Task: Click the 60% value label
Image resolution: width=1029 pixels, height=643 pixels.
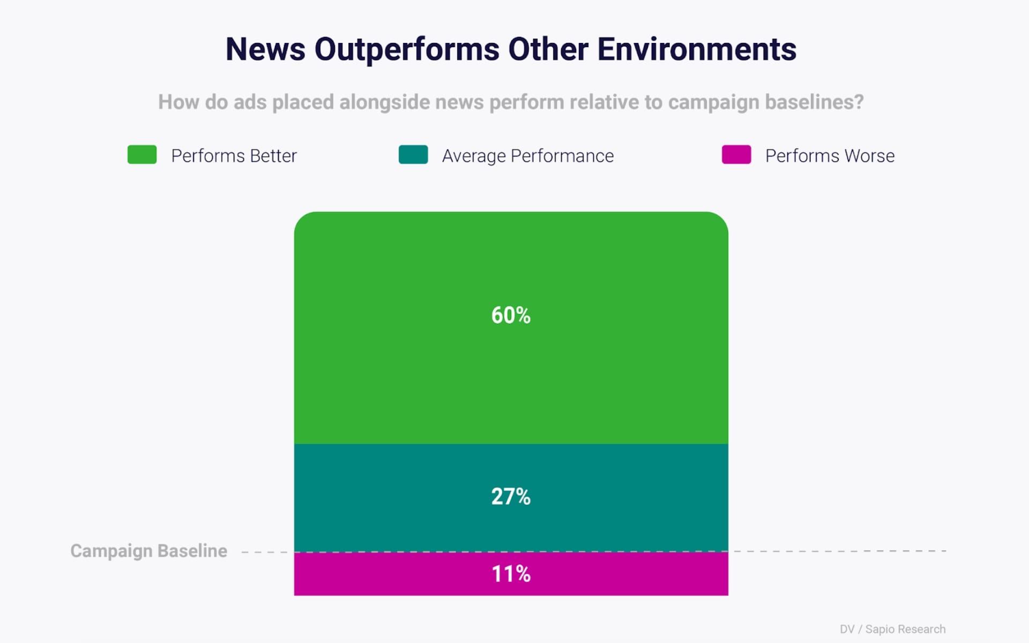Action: coord(511,315)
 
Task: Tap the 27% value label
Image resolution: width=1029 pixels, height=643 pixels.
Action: coord(511,497)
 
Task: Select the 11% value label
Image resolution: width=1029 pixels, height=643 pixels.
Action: coord(511,574)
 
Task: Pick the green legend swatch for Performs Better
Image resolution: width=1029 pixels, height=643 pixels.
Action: coord(142,155)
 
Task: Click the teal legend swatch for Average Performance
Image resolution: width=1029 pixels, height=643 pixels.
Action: coord(413,155)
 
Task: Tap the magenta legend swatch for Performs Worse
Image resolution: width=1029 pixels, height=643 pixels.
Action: coord(736,155)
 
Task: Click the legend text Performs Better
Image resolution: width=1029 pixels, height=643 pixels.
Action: coord(234,156)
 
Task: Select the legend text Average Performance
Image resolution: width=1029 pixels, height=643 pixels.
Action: coord(528,156)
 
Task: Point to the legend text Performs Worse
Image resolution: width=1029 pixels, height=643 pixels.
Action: coord(830,156)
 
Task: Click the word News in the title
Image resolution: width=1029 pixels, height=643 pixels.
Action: coord(265,49)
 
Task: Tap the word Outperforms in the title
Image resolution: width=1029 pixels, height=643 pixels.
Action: coord(407,49)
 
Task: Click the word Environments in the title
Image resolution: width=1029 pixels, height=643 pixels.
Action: coord(697,49)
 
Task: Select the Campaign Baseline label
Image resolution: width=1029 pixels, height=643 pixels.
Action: coord(149,551)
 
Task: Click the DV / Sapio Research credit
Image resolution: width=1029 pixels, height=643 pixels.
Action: coord(892,629)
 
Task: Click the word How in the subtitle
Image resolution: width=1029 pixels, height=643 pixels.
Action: coord(178,102)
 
